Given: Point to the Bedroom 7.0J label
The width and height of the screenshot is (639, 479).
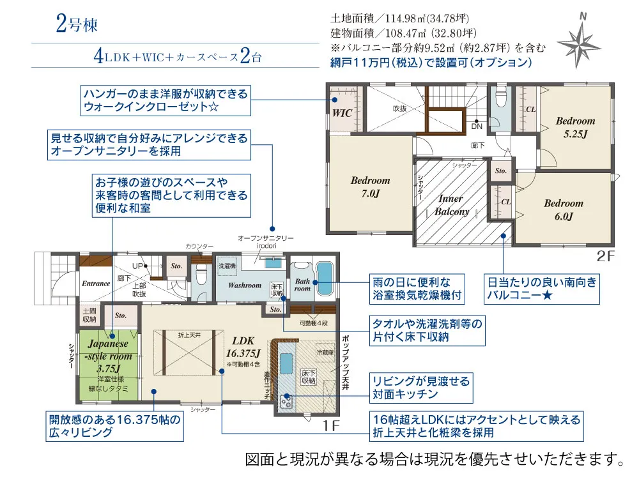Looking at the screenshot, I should tap(370, 186).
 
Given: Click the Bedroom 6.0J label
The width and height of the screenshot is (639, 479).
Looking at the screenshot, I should tap(564, 209).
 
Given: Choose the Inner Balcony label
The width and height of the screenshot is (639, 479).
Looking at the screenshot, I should tap(452, 205).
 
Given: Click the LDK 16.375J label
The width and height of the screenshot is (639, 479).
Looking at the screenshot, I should tap(243, 346).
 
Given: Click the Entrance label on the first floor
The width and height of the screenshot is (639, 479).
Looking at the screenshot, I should tap(96, 283).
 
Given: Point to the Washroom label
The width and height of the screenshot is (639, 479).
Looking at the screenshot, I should tap(245, 285).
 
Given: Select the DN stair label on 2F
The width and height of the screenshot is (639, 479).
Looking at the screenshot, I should tap(477, 126).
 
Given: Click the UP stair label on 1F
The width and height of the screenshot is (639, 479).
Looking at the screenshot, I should tap(137, 265).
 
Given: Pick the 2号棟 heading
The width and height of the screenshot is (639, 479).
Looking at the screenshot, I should tap(76, 25).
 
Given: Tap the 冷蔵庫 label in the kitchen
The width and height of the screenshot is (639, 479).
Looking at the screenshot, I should tap(325, 352).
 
